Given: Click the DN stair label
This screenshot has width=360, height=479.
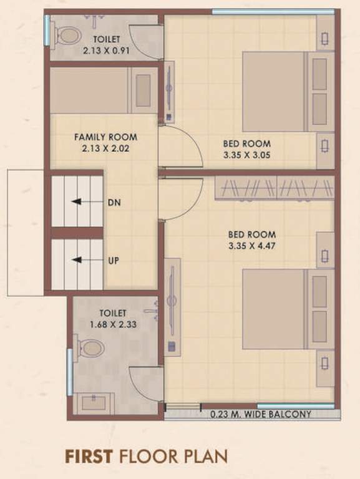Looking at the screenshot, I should [114, 202].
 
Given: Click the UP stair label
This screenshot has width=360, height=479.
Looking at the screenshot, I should [114, 260].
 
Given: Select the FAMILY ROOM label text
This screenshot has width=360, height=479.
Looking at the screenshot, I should [105, 137].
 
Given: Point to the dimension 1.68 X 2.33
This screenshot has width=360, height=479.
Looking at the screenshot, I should [112, 324].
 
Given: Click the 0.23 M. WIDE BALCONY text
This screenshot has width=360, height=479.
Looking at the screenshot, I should [260, 414].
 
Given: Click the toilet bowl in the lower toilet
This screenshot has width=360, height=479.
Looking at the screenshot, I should [90, 348].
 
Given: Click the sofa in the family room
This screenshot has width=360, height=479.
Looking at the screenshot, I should [103, 90].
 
